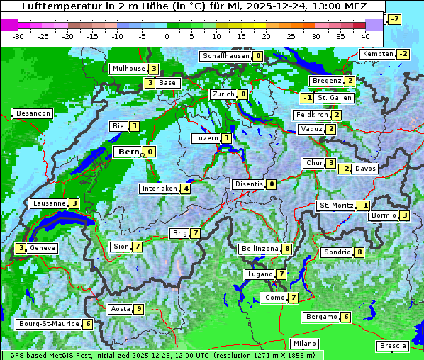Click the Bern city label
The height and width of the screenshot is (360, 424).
click(128, 152)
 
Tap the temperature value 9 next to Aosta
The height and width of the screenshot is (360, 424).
click(139, 308)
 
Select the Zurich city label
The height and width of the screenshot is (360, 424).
click(223, 94)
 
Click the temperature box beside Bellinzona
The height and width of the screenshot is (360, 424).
click(286, 249)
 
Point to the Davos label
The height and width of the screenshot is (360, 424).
click(366, 169)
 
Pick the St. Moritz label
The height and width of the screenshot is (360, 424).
click(336, 206)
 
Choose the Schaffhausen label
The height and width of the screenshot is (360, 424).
click(225, 56)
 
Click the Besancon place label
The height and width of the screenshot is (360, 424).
click(33, 113)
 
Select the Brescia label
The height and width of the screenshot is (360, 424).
click(393, 346)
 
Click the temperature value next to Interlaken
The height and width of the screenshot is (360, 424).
click(186, 189)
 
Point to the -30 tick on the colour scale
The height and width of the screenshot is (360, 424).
click(18, 36)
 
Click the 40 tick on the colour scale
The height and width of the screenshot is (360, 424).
click(365, 36)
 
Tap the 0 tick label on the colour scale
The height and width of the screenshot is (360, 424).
click(167, 36)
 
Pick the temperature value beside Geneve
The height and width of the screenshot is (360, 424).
click(21, 248)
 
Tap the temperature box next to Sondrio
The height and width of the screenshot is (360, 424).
click(359, 252)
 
